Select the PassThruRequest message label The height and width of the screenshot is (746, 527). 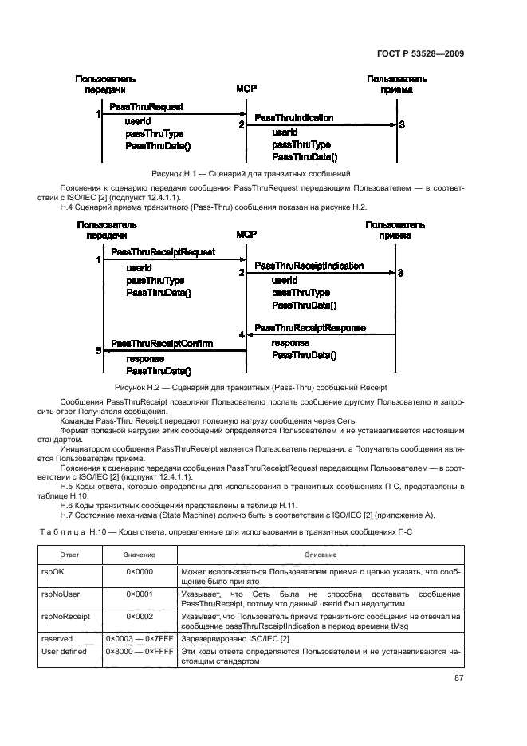(x=147, y=106)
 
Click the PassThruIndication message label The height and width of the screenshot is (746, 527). (x=293, y=118)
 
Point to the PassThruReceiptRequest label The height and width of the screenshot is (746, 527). (x=163, y=252)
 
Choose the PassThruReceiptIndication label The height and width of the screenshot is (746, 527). (x=309, y=266)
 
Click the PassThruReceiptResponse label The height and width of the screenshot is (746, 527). (x=310, y=328)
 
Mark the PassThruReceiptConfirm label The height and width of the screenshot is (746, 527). (x=162, y=343)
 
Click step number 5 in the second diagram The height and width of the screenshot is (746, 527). (x=99, y=350)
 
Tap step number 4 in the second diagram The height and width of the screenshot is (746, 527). (x=240, y=335)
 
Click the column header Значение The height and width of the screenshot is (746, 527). (x=140, y=553)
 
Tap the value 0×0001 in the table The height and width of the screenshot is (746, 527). (x=140, y=594)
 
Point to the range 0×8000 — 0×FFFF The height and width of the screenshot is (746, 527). (x=140, y=652)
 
